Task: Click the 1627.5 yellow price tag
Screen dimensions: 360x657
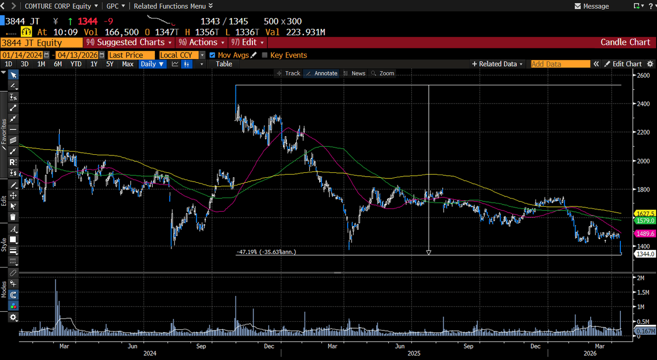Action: pyautogui.click(x=643, y=213)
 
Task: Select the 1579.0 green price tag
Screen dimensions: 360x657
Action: pyautogui.click(x=643, y=220)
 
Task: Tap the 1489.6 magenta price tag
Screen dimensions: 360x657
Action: pyautogui.click(x=643, y=233)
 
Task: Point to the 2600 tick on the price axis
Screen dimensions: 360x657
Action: pyautogui.click(x=642, y=76)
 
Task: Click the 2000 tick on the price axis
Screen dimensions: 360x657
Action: pyautogui.click(x=642, y=161)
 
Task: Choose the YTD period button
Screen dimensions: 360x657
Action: pyautogui.click(x=76, y=64)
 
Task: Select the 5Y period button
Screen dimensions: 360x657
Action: pyautogui.click(x=110, y=64)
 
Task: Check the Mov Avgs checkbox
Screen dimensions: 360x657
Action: pyautogui.click(x=213, y=55)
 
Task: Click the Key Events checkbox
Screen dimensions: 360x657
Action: pyautogui.click(x=265, y=55)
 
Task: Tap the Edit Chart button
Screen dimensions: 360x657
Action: pyautogui.click(x=623, y=64)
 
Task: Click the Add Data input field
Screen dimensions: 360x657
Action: pyautogui.click(x=560, y=64)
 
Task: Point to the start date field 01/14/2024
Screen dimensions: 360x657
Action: pyautogui.click(x=22, y=55)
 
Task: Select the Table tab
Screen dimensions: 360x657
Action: pyautogui.click(x=224, y=64)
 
